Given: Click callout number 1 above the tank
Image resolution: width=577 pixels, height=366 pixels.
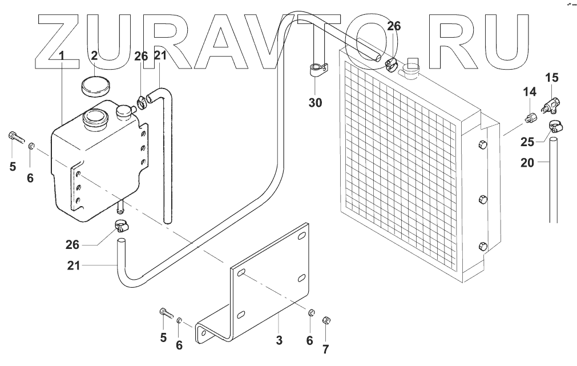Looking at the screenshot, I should [62, 56].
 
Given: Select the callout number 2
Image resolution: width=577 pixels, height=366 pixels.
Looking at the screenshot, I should [95, 56].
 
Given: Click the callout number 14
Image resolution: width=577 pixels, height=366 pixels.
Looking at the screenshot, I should [530, 91].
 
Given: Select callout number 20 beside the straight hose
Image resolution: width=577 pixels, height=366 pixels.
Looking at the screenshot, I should [528, 163].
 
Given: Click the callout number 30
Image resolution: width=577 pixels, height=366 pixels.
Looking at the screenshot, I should [316, 103].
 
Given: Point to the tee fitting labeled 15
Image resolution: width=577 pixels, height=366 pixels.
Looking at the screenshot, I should [552, 104].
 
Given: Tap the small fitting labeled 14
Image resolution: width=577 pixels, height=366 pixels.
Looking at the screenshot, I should [530, 119].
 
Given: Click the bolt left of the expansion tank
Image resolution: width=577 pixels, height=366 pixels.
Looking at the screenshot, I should [15, 136].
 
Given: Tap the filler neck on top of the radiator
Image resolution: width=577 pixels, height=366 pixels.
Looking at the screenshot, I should [410, 71].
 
